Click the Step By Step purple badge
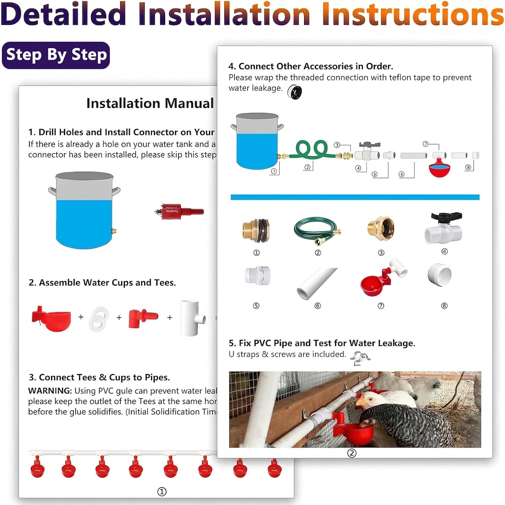tap(56, 55)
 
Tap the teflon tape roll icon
tap(295, 92)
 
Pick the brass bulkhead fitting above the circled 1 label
tap(256, 230)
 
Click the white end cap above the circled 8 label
tap(440, 274)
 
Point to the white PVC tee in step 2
tap(192, 317)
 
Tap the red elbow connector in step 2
tap(142, 318)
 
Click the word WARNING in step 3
tap(50, 391)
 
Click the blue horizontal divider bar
tap(355, 197)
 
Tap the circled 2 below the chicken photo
tap(352, 453)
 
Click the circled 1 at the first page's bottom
tap(162, 492)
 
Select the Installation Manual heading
tap(150, 103)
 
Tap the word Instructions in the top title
tap(413, 14)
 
